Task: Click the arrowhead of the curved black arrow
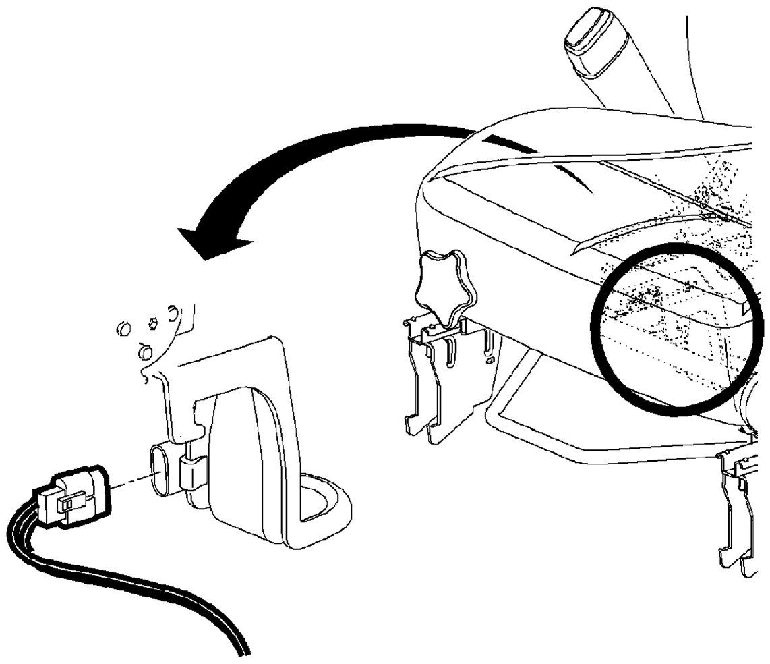(x=202, y=242)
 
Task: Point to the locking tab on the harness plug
(x=70, y=504)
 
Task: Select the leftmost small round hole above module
(x=122, y=329)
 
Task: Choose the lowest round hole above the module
(x=142, y=352)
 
